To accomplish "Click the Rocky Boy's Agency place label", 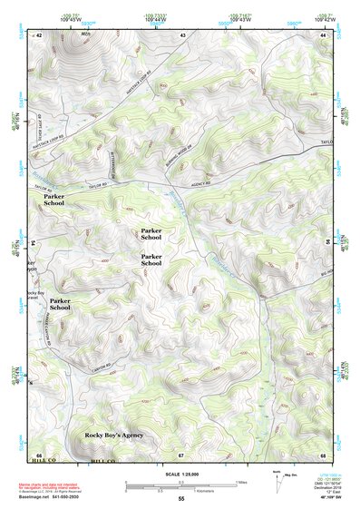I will point(114,436).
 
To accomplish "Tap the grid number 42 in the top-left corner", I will point(38,34).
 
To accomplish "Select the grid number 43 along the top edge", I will point(182,34).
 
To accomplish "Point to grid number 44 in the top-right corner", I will point(323,34).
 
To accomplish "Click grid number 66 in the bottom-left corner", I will point(38,454).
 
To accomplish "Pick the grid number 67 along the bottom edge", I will point(181,454).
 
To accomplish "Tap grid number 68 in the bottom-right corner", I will point(323,454).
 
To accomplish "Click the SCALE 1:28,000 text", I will point(180,475).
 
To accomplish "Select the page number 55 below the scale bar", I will point(180,500).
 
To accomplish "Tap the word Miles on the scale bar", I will point(240,482).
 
